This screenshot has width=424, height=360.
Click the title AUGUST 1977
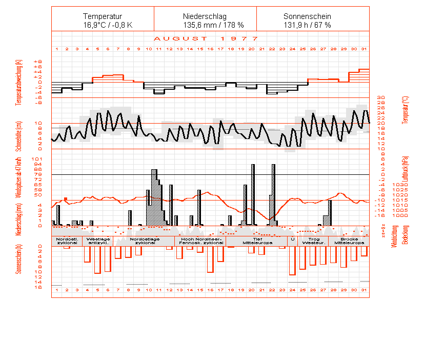(205, 38)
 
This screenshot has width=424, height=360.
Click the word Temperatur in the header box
(103, 16)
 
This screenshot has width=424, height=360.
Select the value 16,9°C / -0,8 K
(103, 25)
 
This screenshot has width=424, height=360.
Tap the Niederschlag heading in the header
(205, 16)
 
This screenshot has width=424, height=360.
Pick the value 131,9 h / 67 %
(307, 25)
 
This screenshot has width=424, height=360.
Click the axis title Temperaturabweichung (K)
(19, 82)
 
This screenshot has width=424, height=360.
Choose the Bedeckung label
(405, 235)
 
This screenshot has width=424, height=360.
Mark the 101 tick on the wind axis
(37, 159)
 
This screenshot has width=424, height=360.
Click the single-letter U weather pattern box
(292, 239)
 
